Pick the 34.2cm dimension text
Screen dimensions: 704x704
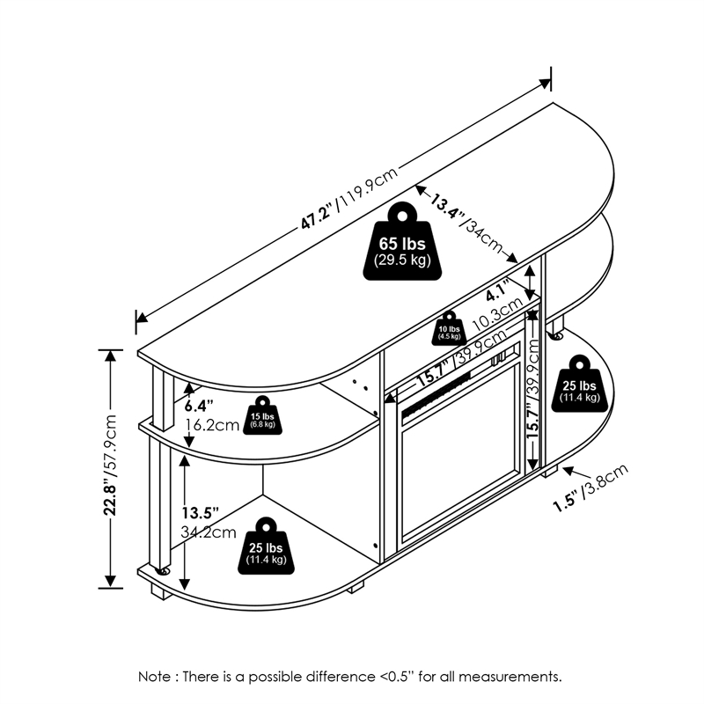209,532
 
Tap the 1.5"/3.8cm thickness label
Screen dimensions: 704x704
591,488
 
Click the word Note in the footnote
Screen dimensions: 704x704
157,677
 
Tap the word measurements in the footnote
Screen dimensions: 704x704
517,677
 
